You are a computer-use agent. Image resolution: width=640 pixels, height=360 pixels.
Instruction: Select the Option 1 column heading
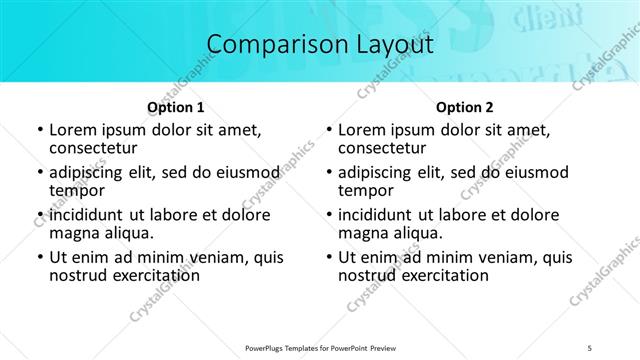[176, 107]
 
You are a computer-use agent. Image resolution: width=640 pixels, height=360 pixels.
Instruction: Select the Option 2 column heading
[465, 107]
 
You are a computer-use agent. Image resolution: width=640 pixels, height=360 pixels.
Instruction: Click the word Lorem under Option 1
[73, 130]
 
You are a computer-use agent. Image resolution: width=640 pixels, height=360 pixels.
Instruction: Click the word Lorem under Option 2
[362, 130]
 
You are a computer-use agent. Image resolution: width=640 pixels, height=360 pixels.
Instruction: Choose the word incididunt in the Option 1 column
[93, 215]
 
